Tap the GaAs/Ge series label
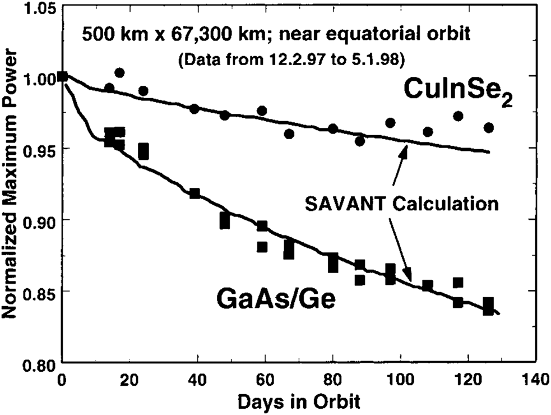click(276, 299)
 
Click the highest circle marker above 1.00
click(119, 73)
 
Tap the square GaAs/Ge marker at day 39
click(195, 193)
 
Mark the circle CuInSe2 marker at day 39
click(195, 109)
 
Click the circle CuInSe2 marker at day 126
click(488, 128)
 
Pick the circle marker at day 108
click(428, 132)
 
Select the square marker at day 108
click(428, 285)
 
